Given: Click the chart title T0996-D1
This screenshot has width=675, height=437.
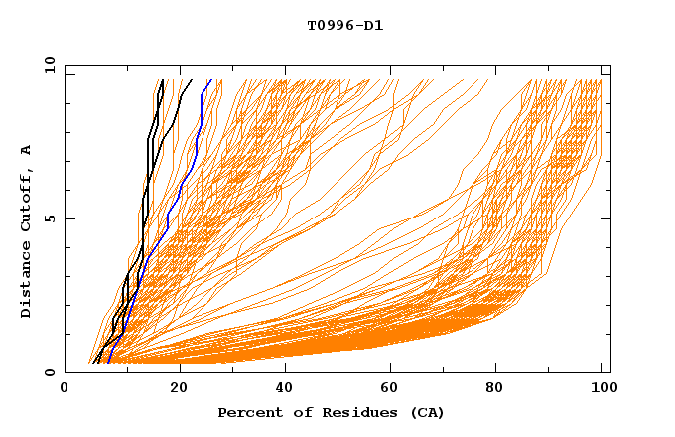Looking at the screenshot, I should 344,26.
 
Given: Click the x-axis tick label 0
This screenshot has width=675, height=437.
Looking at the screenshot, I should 65,389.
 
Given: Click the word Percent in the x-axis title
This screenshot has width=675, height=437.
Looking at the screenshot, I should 246,413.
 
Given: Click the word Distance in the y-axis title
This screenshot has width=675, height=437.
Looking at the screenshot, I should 27,278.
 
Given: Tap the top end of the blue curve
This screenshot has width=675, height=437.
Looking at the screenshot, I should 211,80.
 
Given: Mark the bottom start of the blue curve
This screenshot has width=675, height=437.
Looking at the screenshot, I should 107,363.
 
